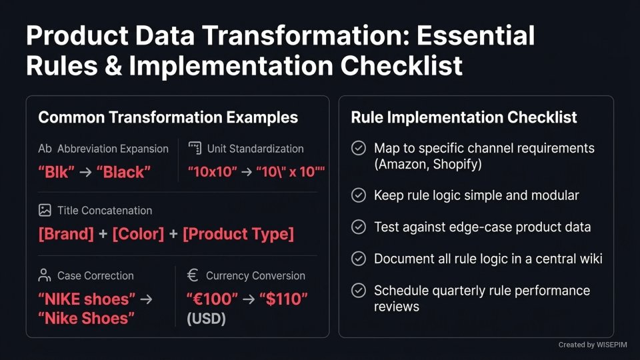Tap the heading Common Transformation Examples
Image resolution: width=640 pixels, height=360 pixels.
[x=168, y=118]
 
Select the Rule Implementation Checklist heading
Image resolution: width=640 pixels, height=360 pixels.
[x=464, y=118]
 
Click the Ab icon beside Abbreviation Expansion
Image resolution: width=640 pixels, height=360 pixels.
[x=45, y=149]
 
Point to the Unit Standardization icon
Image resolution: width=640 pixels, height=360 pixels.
[x=195, y=149]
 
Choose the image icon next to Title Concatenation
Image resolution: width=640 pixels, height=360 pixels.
[x=45, y=210]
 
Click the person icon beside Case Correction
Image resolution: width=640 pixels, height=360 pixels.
[x=45, y=275]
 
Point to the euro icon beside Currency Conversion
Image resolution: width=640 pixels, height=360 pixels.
[x=193, y=275]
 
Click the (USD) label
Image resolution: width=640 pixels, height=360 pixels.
[x=207, y=319]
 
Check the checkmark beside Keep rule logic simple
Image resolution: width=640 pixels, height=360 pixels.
[x=359, y=195]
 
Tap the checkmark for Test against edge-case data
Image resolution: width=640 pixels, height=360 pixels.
[x=359, y=227]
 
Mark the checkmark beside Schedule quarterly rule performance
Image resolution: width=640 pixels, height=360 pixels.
[x=359, y=291]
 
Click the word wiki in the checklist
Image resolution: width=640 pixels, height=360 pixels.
[x=589, y=259]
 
